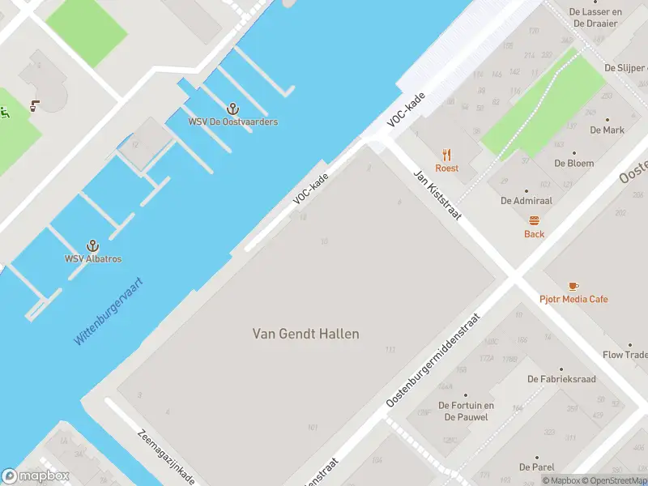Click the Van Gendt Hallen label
[x=305, y=334]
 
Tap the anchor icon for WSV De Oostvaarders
[x=233, y=109]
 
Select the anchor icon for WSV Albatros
[x=93, y=245]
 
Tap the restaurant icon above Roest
[x=446, y=155]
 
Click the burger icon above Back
[x=534, y=220]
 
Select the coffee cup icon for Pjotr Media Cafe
[x=573, y=286]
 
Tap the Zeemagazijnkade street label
[x=166, y=456]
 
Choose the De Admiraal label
[x=527, y=200]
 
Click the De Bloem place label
[x=573, y=163]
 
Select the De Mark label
[x=607, y=130]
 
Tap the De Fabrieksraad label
[x=561, y=379]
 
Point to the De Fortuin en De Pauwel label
[x=466, y=411]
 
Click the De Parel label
[x=536, y=467]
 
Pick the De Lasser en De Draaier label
[x=595, y=18]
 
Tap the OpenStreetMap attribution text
[x=612, y=480]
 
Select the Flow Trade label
[x=625, y=355]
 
